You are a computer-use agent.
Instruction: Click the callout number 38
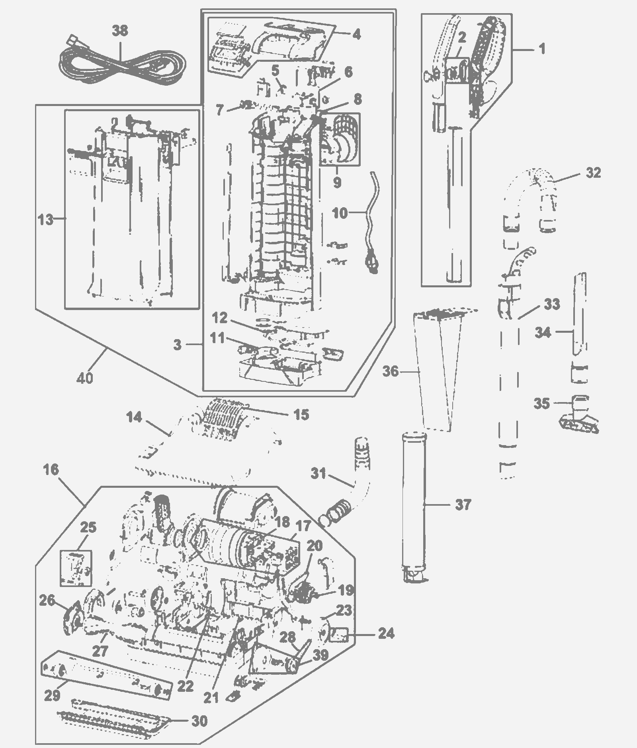pyautogui.click(x=120, y=31)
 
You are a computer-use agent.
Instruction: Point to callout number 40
pyautogui.click(x=85, y=377)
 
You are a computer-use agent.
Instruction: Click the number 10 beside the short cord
pyautogui.click(x=340, y=213)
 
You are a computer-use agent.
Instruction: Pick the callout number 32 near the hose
pyautogui.click(x=593, y=173)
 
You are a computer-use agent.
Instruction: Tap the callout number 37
pyautogui.click(x=463, y=505)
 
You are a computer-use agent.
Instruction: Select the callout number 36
pyautogui.click(x=391, y=371)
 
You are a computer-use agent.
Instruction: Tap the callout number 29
pyautogui.click(x=52, y=695)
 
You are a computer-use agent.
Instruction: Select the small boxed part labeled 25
pyautogui.click(x=76, y=568)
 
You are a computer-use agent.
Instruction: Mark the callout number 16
pyautogui.click(x=51, y=470)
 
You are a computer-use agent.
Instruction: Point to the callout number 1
pyautogui.click(x=542, y=49)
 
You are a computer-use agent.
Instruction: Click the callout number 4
pyautogui.click(x=357, y=34)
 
